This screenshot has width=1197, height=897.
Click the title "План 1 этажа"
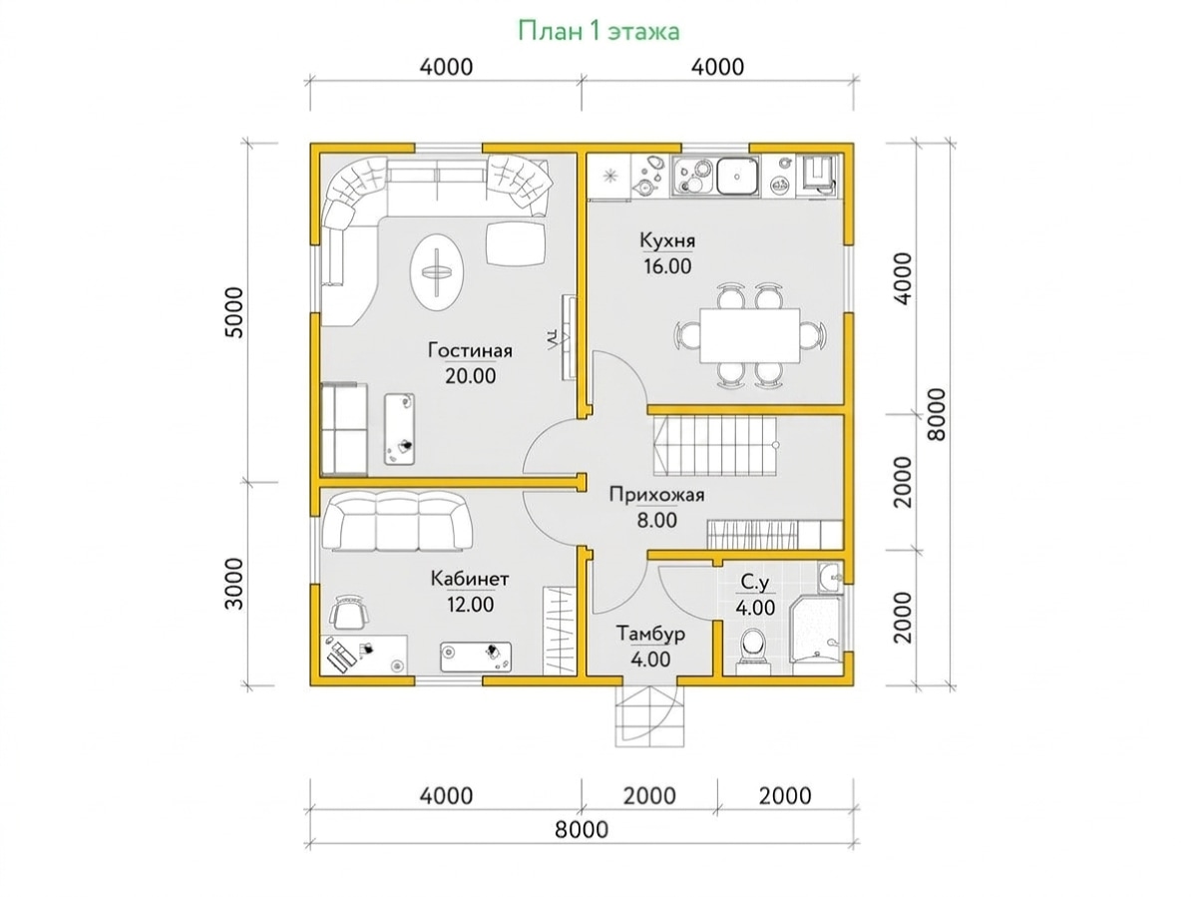point(598,31)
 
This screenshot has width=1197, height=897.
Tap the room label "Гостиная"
point(470,350)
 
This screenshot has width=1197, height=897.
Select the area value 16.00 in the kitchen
point(667,266)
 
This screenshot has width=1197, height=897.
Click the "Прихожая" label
point(656,495)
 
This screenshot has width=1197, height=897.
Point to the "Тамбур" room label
point(650,634)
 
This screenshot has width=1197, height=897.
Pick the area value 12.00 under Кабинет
point(470,605)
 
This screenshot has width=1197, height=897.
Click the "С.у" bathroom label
point(755,584)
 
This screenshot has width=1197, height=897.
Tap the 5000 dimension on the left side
point(236,312)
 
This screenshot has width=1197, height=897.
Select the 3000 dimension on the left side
point(235,584)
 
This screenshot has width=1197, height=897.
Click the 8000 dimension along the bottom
point(582,830)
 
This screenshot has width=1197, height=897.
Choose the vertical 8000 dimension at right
point(937,414)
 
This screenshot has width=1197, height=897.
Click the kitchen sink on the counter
point(737,177)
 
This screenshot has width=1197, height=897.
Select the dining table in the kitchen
point(750,335)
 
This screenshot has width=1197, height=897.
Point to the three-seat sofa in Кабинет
point(397,521)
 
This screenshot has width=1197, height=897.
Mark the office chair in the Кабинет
point(348,613)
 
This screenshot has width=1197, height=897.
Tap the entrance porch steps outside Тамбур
point(649,716)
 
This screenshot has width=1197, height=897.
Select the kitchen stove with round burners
point(692,177)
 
